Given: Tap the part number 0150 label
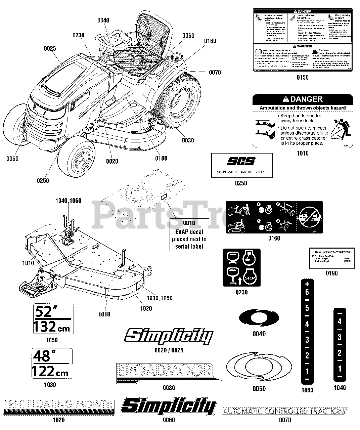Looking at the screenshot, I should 302,78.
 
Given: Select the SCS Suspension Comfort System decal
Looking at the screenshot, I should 242,165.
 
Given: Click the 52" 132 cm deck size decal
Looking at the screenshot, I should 53,318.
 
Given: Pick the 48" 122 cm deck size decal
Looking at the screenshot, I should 51,363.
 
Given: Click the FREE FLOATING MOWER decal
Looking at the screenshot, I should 58,406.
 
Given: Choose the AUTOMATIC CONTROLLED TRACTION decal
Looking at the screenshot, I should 285,411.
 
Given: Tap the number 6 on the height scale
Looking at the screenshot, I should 307,292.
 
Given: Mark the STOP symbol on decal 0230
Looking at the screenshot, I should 249,277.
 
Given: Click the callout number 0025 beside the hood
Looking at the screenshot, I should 50,49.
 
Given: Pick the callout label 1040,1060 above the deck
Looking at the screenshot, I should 68,201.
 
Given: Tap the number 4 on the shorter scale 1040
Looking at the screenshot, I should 340,321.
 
